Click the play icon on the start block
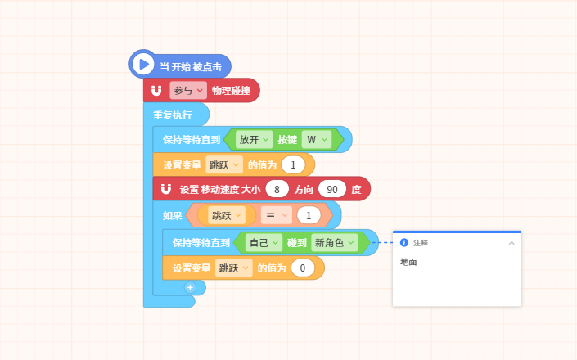[x=143, y=64]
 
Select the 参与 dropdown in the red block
[x=188, y=91]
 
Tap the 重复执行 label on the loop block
[x=172, y=115]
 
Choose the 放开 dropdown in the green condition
[x=254, y=140]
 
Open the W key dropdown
[x=317, y=140]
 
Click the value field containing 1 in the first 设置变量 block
[x=293, y=164]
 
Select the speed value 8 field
[x=277, y=189]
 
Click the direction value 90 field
[x=332, y=189]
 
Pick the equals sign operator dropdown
[x=277, y=215]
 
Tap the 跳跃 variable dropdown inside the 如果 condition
[x=227, y=215]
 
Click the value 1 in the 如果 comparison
[x=309, y=215]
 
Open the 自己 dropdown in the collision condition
[x=264, y=243]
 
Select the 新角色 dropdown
[x=335, y=243]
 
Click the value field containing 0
[x=303, y=268]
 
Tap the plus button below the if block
[x=190, y=287]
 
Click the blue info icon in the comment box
[x=404, y=243]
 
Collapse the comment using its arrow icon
[x=512, y=243]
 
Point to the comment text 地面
[x=408, y=262]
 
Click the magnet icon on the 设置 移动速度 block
[x=166, y=189]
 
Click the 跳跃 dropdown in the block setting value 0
[x=234, y=268]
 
